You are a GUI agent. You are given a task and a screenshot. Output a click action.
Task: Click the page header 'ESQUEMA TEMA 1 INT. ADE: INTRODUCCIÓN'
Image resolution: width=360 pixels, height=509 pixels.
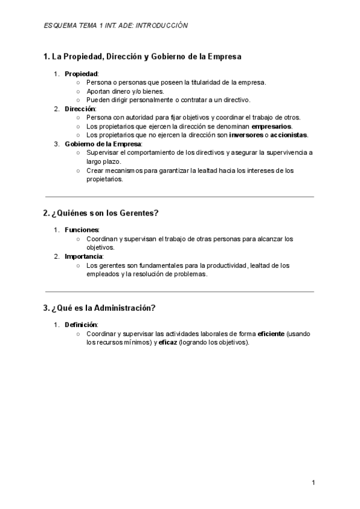click(116, 25)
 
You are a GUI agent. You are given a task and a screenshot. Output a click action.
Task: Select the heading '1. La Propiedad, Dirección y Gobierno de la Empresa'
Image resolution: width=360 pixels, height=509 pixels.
click(142, 57)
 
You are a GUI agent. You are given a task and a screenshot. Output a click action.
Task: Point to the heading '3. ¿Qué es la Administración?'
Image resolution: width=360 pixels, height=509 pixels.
click(100, 308)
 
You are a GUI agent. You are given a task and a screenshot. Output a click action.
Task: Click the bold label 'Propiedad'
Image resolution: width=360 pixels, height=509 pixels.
click(81, 74)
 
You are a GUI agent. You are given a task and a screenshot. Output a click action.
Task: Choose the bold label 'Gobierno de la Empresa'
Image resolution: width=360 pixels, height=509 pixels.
click(103, 144)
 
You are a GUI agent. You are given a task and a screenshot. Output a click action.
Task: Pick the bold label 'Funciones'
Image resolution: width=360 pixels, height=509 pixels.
click(82, 230)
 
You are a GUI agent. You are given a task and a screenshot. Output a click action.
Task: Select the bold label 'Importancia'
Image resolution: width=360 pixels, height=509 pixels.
click(84, 256)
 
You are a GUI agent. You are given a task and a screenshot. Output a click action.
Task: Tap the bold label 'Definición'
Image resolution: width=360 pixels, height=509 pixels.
click(81, 325)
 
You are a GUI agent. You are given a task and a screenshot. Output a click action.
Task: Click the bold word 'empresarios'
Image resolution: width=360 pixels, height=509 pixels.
click(271, 127)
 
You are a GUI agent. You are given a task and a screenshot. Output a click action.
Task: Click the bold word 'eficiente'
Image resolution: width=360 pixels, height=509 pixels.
click(271, 334)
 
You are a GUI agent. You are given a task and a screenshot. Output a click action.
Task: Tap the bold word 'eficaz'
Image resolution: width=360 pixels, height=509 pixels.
click(168, 342)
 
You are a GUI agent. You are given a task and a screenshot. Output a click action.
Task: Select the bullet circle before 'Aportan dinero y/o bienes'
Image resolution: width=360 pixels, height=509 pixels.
click(78, 91)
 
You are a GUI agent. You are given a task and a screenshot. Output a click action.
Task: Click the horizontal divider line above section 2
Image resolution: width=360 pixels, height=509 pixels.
click(179, 197)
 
